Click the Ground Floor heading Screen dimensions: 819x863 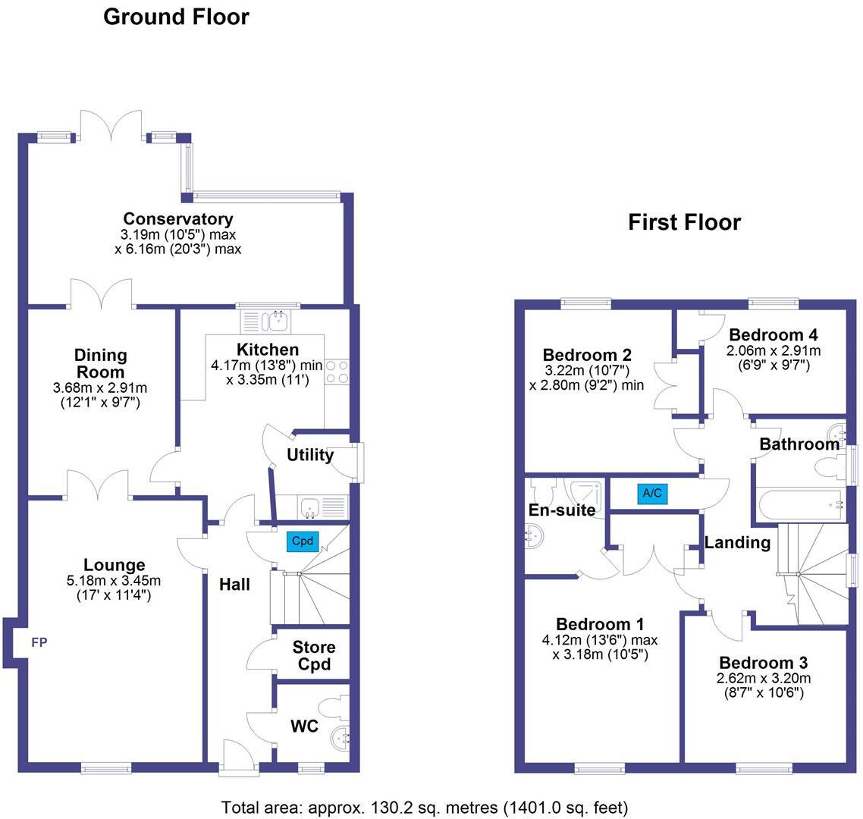tap(176, 17)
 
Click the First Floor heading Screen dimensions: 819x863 tap(684, 222)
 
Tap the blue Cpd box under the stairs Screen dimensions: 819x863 tap(303, 541)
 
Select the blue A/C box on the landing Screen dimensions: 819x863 tap(652, 494)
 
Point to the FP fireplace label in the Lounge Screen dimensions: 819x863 tap(39, 643)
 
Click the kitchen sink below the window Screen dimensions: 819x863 tap(277, 322)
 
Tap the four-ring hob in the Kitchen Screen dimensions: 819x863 tap(337, 372)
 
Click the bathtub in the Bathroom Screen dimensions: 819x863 tap(801, 504)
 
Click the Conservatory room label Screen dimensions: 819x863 tap(178, 219)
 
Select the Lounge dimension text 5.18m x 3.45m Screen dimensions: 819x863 tap(115, 581)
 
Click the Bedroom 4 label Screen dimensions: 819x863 tap(773, 334)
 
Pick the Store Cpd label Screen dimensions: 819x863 tap(314, 655)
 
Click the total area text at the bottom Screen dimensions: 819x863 tap(425, 806)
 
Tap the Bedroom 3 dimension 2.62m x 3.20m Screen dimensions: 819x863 tap(764, 678)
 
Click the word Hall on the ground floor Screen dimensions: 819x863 tap(234, 584)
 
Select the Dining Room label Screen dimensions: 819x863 tap(101, 363)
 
